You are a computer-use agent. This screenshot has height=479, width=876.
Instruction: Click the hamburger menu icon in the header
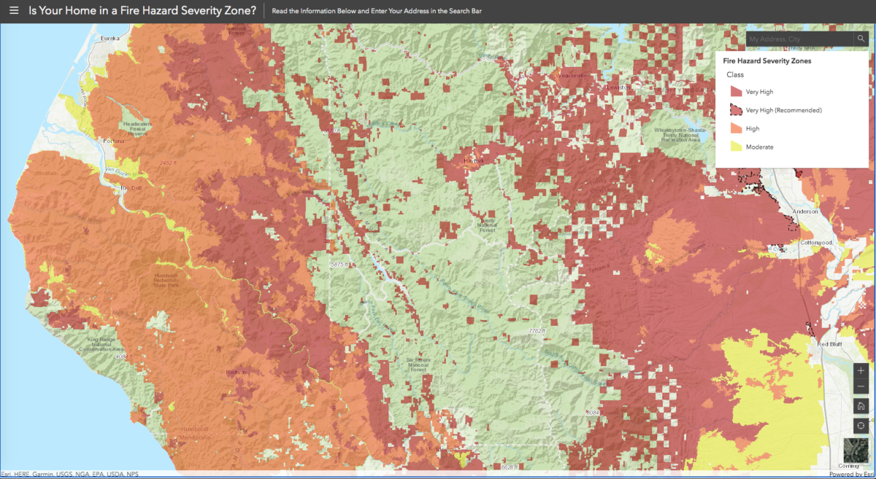[13, 11]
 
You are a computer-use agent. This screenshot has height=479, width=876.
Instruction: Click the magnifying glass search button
[861, 39]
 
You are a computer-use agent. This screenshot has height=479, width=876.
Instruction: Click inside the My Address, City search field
[796, 39]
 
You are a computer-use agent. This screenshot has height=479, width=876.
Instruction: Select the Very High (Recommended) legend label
[783, 110]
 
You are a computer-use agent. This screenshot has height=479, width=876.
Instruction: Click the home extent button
[861, 406]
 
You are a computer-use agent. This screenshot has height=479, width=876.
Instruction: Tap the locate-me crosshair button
[861, 426]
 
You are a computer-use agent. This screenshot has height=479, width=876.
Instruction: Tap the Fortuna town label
[114, 141]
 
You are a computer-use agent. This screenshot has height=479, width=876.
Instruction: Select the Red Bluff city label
[830, 343]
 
